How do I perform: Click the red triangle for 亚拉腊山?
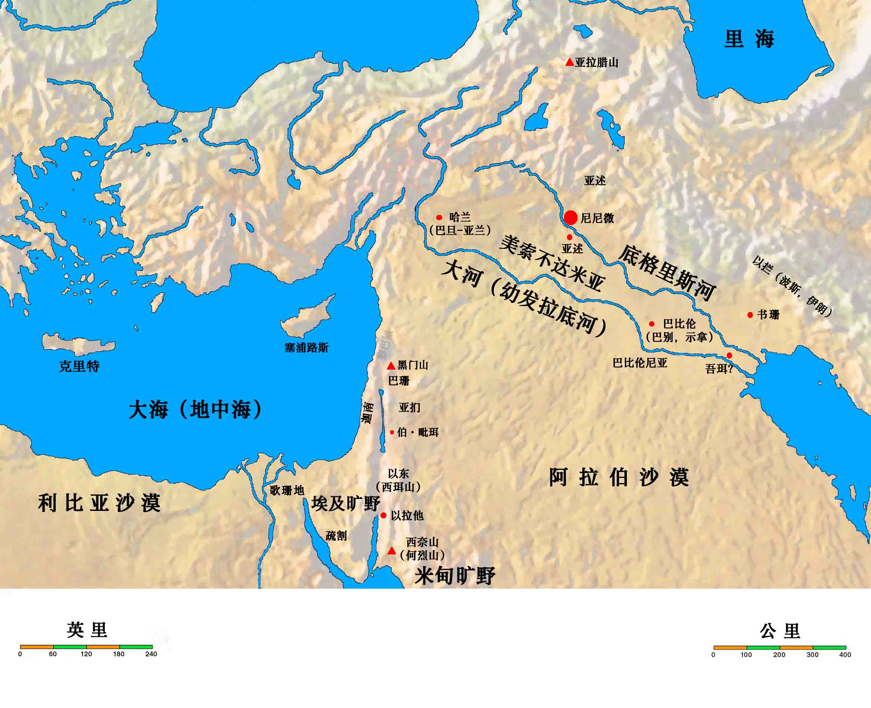tap(569, 62)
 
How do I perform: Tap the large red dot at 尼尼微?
tap(571, 218)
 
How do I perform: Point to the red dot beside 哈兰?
tap(439, 218)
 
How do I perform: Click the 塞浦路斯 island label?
tap(306, 348)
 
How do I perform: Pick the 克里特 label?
tap(79, 366)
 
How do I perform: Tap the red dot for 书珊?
tap(750, 315)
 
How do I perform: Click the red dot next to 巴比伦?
tap(652, 324)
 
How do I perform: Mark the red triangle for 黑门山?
tap(391, 366)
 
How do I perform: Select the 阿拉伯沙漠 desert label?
tap(619, 477)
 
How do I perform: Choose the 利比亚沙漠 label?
tap(100, 503)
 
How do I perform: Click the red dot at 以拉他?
tap(383, 515)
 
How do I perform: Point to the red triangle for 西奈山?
tap(392, 551)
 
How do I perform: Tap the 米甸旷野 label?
tap(454, 576)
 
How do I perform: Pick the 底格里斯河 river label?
tap(667, 273)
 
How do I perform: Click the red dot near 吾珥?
tap(729, 355)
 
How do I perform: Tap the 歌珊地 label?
tap(287, 490)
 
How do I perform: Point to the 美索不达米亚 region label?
tap(552, 263)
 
